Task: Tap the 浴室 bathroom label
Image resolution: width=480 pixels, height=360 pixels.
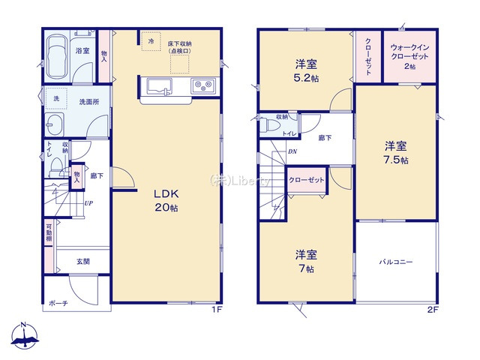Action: point(82,50)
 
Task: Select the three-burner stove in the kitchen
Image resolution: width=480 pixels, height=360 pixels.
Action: point(202,85)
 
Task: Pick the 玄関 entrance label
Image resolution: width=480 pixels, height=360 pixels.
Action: point(82,262)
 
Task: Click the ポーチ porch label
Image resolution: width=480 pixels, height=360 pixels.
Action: point(58,303)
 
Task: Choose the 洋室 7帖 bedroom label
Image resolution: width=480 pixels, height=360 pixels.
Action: point(304,259)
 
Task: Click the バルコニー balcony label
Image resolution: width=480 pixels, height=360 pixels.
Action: point(396,262)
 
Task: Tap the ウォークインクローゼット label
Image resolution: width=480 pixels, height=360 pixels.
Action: point(409,54)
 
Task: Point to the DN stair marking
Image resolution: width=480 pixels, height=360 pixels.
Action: point(292,151)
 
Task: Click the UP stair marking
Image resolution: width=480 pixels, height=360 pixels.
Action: point(88,202)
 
